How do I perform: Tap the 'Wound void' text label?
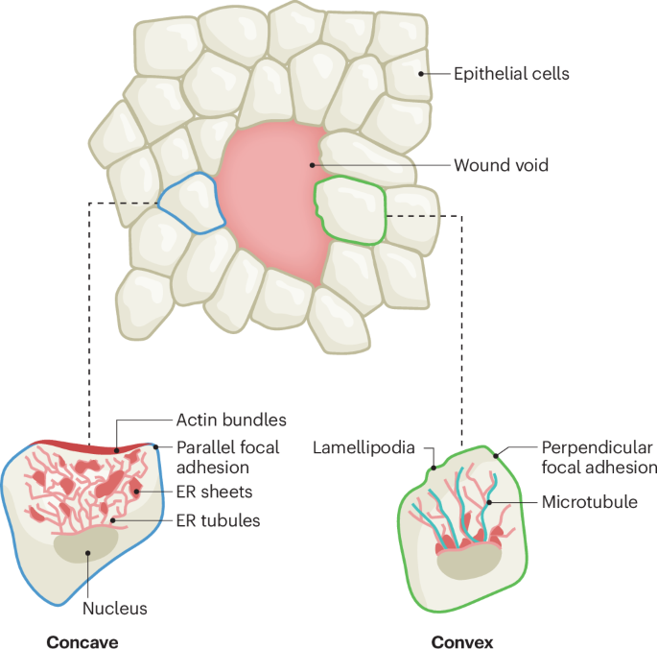pyautogui.click(x=501, y=165)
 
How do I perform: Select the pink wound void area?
pyautogui.click(x=269, y=202)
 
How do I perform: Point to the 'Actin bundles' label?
pyautogui.click(x=231, y=420)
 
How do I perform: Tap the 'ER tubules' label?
pyautogui.click(x=218, y=520)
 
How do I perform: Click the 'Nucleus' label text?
pyautogui.click(x=114, y=608)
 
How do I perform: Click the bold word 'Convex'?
pyautogui.click(x=461, y=642)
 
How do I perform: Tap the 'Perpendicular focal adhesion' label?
pyautogui.click(x=598, y=457)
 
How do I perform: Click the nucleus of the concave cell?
pyautogui.click(x=86, y=546)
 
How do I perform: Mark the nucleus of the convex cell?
pyautogui.click(x=469, y=561)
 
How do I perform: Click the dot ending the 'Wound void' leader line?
pyautogui.click(x=312, y=165)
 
